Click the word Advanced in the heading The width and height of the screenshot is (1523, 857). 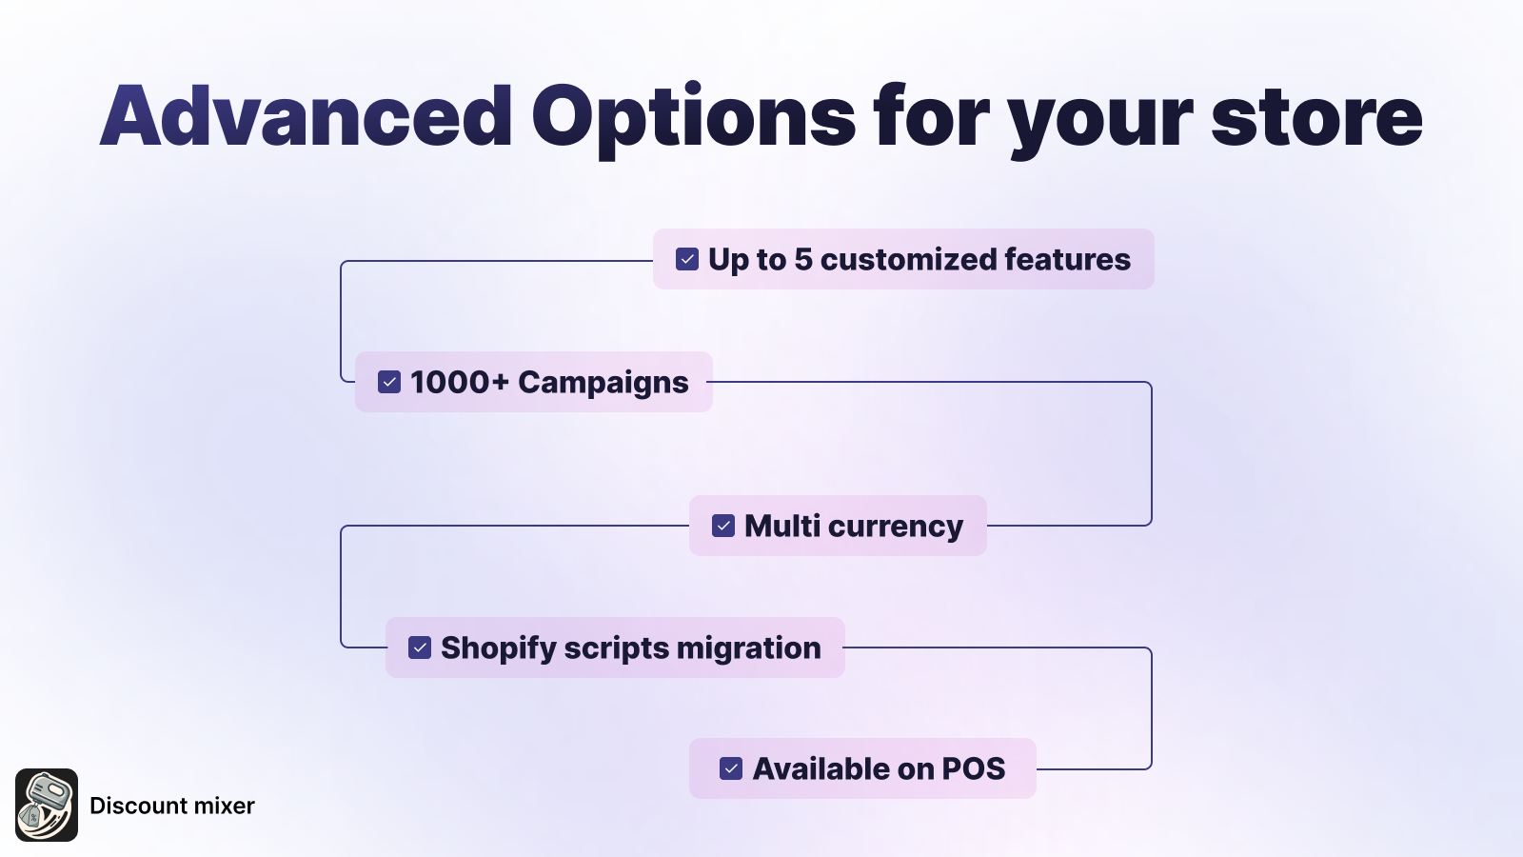pyautogui.click(x=306, y=115)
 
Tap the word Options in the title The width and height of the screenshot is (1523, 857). pyautogui.click(x=694, y=120)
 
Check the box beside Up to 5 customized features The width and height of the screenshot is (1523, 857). pyautogui.click(x=686, y=259)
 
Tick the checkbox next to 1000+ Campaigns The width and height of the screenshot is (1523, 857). pyautogui.click(x=389, y=382)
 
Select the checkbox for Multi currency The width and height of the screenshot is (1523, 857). pyautogui.click(x=722, y=526)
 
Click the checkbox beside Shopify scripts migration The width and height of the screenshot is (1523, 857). pyautogui.click(x=420, y=648)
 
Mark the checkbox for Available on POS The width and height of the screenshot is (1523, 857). pyautogui.click(x=731, y=768)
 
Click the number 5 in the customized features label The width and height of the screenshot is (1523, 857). pyautogui.click(x=803, y=260)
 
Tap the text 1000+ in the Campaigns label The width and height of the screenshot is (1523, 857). pyautogui.click(x=460, y=382)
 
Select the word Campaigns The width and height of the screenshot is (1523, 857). pyautogui.click(x=603, y=384)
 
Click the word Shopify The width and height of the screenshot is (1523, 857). pyautogui.click(x=499, y=648)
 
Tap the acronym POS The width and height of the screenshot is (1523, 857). pyautogui.click(x=974, y=769)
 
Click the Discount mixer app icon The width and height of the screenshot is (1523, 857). pyautogui.click(x=47, y=806)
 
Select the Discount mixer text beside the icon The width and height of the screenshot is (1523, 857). pyautogui.click(x=172, y=806)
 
